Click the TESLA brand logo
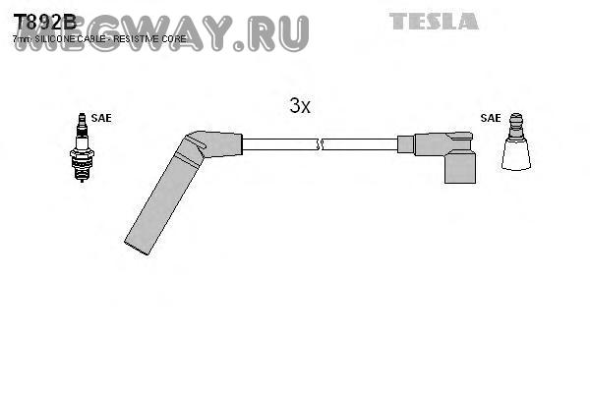(x=434, y=21)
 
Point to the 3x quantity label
(x=300, y=106)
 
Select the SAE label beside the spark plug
(x=101, y=118)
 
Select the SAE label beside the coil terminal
(x=491, y=118)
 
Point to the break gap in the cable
(x=321, y=144)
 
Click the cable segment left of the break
(x=279, y=144)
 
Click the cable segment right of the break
(x=360, y=144)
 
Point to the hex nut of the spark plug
(x=81, y=155)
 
